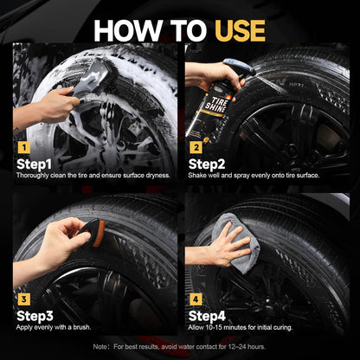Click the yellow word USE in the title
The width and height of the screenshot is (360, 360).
pos(240,30)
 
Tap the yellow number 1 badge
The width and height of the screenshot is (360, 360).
pos(23,148)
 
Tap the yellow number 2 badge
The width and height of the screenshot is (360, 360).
pos(196,148)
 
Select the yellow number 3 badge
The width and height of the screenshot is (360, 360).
pos(23,299)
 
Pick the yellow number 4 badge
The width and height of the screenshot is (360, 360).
pos(196,299)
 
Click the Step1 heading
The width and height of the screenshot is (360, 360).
pos(34,164)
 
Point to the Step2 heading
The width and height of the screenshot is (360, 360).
pos(207,164)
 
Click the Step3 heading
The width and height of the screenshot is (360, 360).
pos(35,316)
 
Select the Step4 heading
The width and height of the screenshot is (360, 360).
pos(207,316)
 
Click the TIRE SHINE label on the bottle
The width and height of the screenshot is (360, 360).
pos(216,105)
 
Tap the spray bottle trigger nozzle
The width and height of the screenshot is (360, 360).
pos(239,67)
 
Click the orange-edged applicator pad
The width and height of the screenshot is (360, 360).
pos(93,233)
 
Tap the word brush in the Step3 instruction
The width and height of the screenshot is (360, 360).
pos(81,327)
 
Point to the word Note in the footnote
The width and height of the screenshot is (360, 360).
pos(100,346)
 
